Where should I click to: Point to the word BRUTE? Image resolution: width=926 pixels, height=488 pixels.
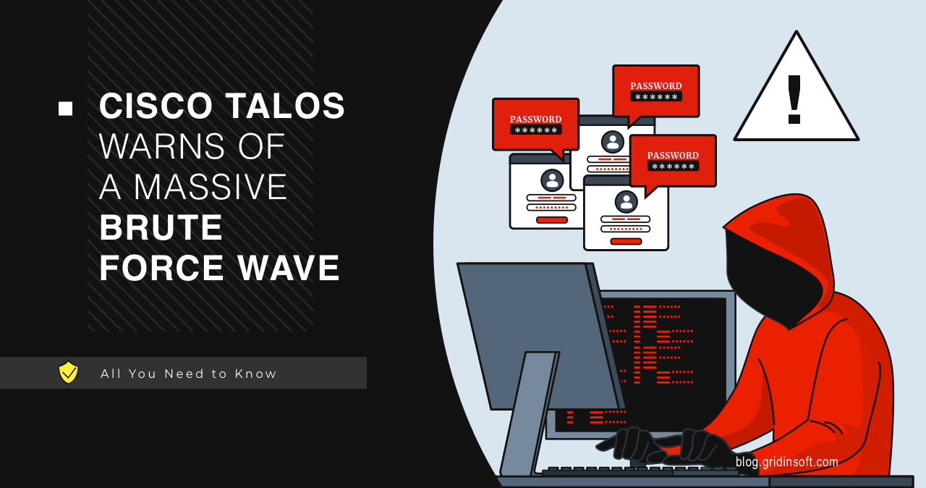click(161, 227)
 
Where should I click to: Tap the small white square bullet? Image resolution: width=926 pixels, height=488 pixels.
click(66, 109)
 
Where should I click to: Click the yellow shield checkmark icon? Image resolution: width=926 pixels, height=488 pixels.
click(68, 372)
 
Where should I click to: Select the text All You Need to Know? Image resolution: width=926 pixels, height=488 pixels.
click(189, 374)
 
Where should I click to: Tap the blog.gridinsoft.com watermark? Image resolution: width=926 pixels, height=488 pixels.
click(786, 461)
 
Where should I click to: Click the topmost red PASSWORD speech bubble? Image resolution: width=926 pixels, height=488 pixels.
click(655, 91)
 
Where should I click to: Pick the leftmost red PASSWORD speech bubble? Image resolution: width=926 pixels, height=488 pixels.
click(535, 124)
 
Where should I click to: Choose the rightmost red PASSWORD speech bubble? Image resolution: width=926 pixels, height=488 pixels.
click(673, 160)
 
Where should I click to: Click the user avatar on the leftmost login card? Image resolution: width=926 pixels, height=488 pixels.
click(552, 180)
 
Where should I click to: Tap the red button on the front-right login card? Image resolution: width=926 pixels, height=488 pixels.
click(626, 241)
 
